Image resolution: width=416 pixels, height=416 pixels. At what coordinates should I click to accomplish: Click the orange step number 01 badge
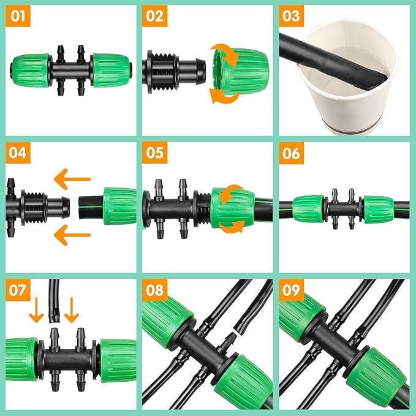[18, 16]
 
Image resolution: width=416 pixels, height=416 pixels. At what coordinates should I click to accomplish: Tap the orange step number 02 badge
[154, 16]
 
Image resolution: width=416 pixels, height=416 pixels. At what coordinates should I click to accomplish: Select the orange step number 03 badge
[291, 16]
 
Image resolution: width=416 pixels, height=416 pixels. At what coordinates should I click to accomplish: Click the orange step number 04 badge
[18, 153]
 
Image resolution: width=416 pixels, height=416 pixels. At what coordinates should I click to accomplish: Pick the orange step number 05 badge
[154, 153]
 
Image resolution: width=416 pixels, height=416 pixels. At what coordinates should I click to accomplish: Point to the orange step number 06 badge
[291, 153]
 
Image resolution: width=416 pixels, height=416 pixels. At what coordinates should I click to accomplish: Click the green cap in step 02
[239, 72]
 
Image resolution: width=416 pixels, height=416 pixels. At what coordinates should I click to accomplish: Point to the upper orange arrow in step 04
[72, 180]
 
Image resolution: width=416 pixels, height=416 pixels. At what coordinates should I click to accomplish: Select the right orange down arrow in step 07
[72, 309]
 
